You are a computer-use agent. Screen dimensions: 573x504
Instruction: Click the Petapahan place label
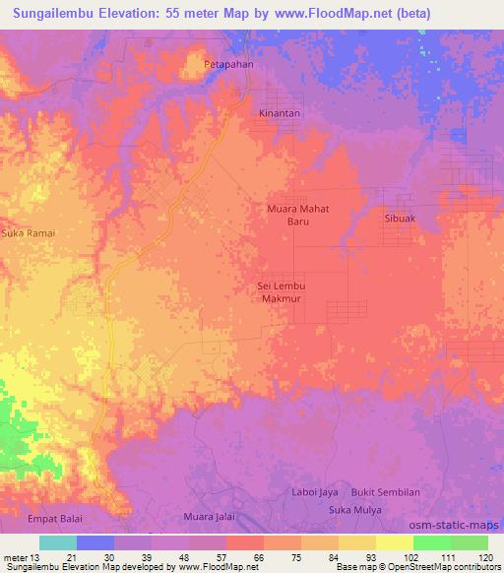[227, 65]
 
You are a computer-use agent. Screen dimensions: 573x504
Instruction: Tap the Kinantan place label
[280, 113]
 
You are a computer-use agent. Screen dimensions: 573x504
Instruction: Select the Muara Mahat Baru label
[298, 215]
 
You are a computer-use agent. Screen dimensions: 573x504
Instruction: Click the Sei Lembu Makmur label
[282, 290]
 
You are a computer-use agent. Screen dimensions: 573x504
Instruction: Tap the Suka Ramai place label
[28, 233]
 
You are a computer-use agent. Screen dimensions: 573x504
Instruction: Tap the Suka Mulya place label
[354, 511]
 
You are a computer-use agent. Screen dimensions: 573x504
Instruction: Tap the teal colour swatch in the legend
[58, 542]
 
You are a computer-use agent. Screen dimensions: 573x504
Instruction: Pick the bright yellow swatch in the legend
[394, 542]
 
